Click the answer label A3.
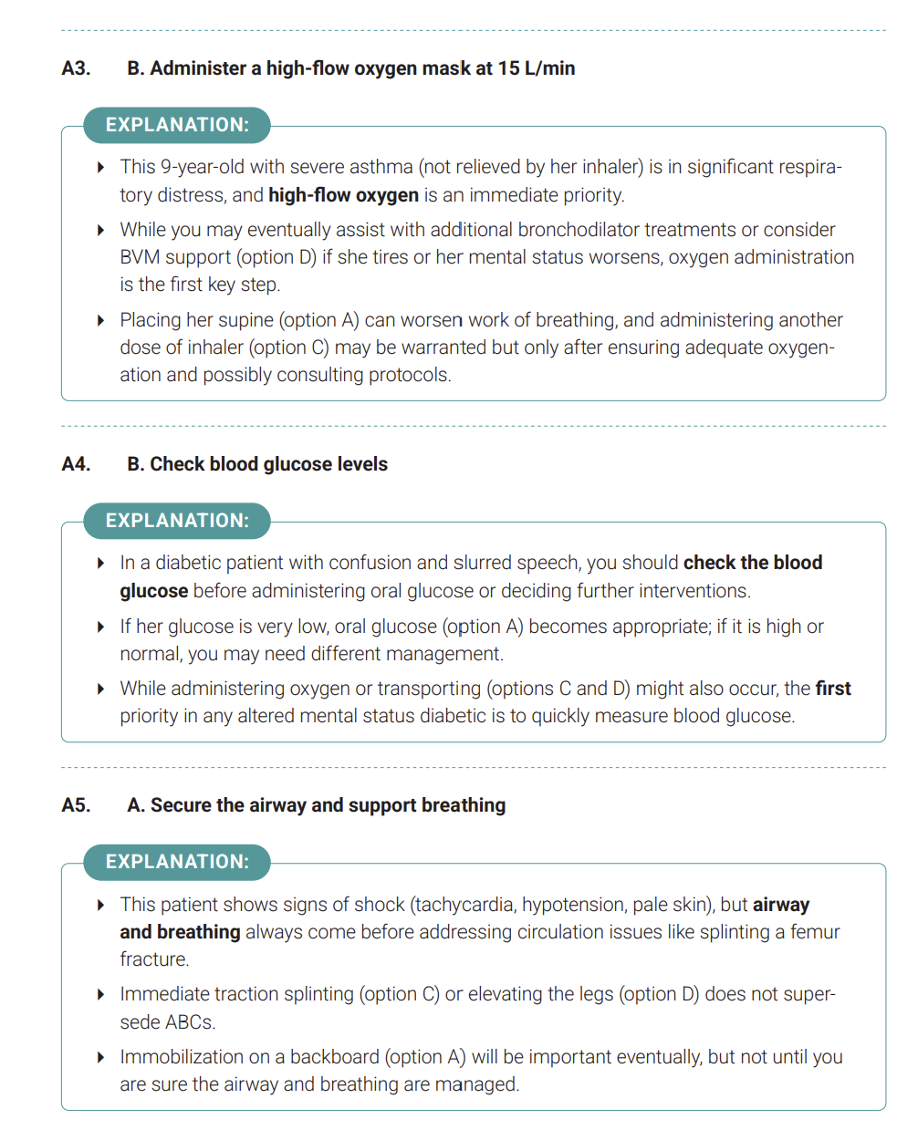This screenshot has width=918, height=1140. point(76,68)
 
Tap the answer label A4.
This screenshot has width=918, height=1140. point(76,464)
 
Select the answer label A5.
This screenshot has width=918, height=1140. point(76,805)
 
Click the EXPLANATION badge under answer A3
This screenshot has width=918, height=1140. point(177,125)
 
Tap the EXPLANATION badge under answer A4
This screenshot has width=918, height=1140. point(177,521)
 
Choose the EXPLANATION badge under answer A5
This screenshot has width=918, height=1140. point(177,862)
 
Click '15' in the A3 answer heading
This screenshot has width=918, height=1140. point(508,68)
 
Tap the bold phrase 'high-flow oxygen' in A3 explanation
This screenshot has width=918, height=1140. point(343,195)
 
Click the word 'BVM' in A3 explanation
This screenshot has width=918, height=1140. point(141,257)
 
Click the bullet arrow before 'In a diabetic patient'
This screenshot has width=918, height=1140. point(100,564)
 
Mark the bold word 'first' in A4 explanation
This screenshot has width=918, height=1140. point(832,689)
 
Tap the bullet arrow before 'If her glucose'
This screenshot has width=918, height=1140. point(100,627)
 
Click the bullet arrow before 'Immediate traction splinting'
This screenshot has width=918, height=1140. point(100,994)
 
